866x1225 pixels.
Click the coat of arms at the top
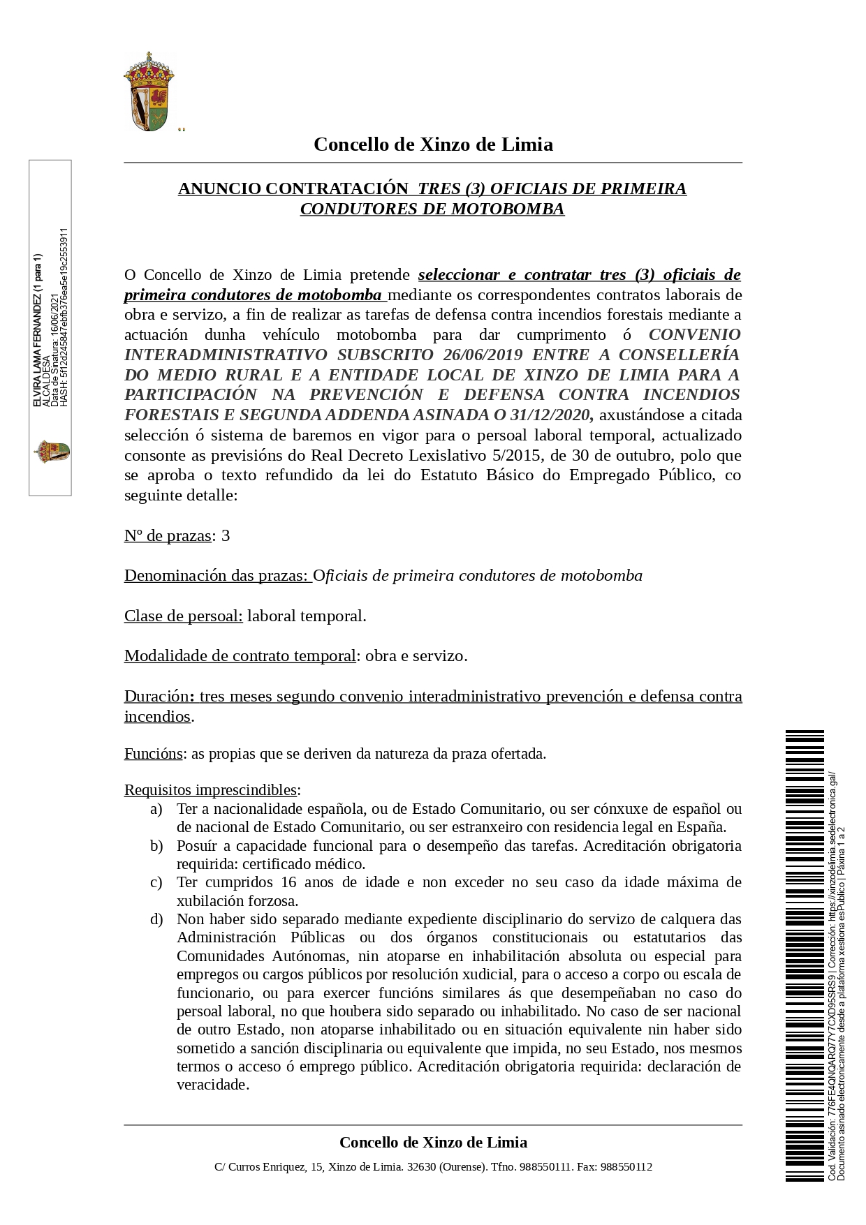pos(148,91)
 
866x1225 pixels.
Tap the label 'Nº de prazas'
pos(168,536)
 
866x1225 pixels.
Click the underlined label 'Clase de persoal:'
pos(184,616)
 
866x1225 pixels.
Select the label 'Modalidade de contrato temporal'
pos(240,656)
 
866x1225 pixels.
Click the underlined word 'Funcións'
pos(154,754)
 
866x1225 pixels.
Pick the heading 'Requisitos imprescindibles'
pos(210,790)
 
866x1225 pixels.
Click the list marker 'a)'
pos(156,809)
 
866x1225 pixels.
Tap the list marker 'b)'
pos(156,846)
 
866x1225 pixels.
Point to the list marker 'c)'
pos(156,882)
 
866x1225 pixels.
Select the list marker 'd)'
pos(156,919)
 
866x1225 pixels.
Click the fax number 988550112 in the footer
pos(626,1166)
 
